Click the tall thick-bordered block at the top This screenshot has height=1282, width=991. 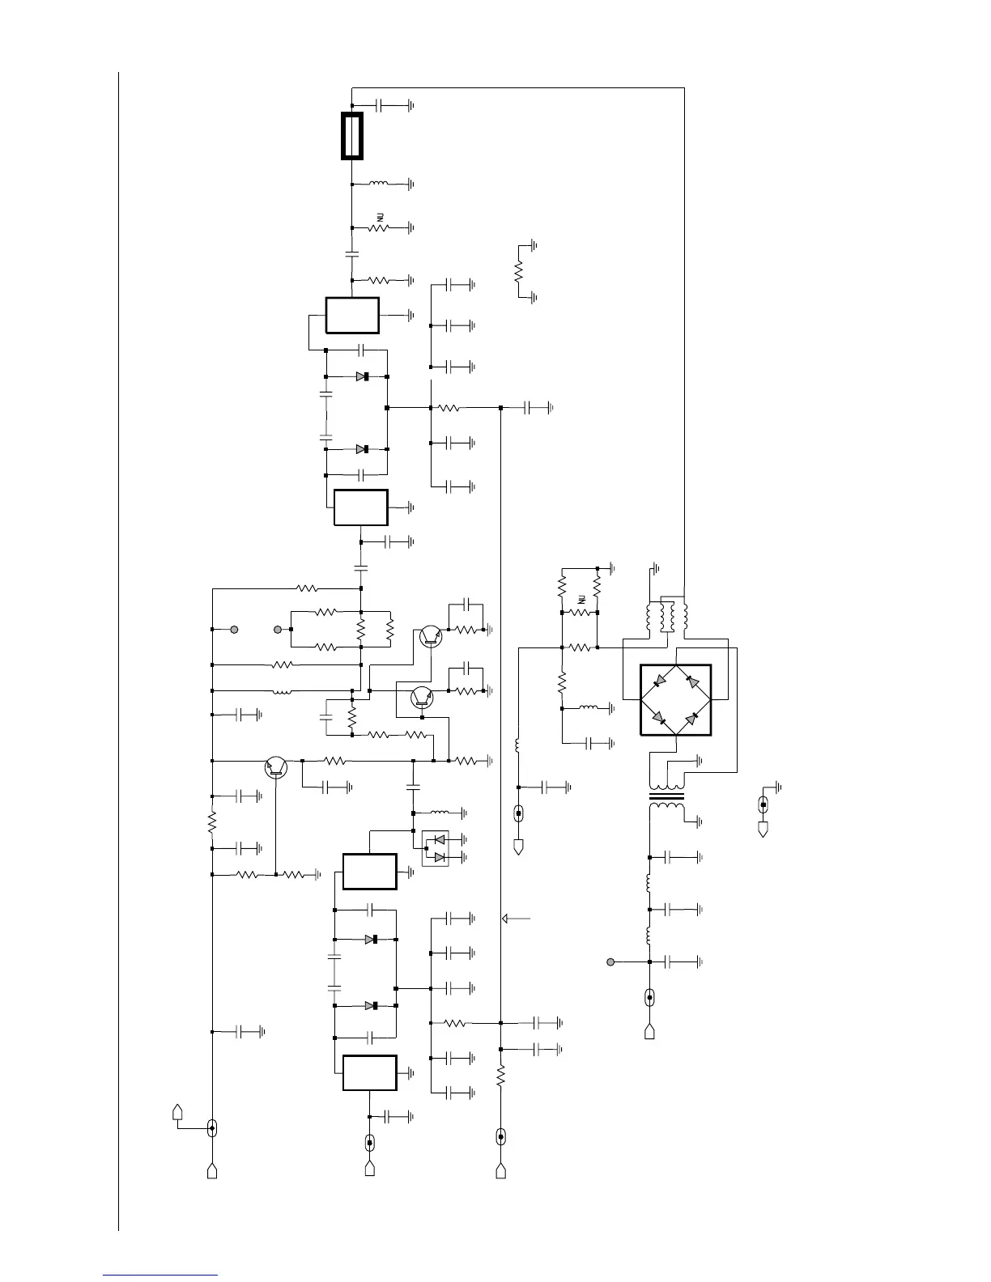(x=352, y=136)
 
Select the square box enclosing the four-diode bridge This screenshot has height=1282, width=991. (x=675, y=700)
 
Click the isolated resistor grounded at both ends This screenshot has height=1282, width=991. (x=519, y=270)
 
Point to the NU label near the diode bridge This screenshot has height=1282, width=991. (x=581, y=600)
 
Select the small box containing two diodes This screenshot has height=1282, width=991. (x=434, y=848)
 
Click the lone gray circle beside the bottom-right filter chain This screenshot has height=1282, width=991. (x=611, y=961)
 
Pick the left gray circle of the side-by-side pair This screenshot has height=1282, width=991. (x=234, y=630)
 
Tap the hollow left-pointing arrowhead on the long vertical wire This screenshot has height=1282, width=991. (x=508, y=919)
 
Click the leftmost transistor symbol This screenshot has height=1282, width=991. (x=277, y=766)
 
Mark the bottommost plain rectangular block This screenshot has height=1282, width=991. (x=369, y=1073)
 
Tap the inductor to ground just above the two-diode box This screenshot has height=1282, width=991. (x=440, y=813)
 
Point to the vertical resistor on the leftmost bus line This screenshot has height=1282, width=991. (x=211, y=822)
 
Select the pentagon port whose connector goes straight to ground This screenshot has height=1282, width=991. (x=763, y=829)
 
